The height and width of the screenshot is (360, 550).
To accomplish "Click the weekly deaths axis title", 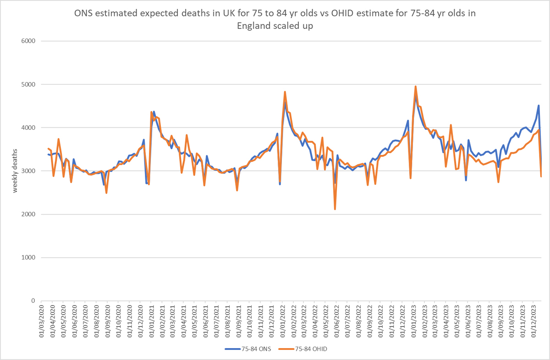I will (15, 171).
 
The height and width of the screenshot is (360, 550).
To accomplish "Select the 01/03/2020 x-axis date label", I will (41, 321).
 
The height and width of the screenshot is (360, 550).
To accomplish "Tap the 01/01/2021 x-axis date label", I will (152, 321).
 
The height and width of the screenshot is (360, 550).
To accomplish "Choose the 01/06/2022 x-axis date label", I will (338, 321).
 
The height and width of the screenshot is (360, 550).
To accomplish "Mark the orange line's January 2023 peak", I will (415, 86).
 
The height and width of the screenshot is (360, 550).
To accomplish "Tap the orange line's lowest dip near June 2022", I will (335, 209).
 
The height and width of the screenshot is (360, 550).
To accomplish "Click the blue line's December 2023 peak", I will (539, 105).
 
